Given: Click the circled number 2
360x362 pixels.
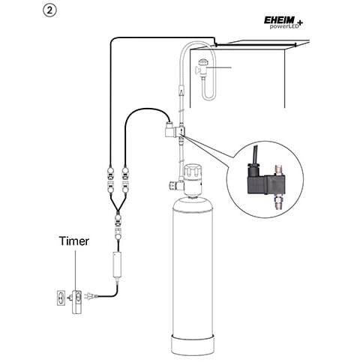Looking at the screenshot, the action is tap(49, 11).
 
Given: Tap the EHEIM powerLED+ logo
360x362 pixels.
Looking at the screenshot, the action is tap(283, 23).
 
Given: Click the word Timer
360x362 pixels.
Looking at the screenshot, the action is tap(74, 241).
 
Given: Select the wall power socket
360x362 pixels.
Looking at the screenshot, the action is tap(61, 298).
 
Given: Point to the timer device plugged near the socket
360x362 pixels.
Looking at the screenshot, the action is tap(76, 301).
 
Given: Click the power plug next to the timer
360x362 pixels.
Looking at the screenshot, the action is tap(90, 296).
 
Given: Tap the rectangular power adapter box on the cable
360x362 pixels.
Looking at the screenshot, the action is tap(117, 265).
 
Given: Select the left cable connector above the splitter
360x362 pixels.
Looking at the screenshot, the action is tap(110, 181).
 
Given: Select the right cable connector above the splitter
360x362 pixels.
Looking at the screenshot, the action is tap(125, 181).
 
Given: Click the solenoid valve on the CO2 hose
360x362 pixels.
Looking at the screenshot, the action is tap(175, 130).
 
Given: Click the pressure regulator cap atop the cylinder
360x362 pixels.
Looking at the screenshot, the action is tap(192, 171).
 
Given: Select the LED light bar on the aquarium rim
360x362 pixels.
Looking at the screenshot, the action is tap(256, 44).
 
